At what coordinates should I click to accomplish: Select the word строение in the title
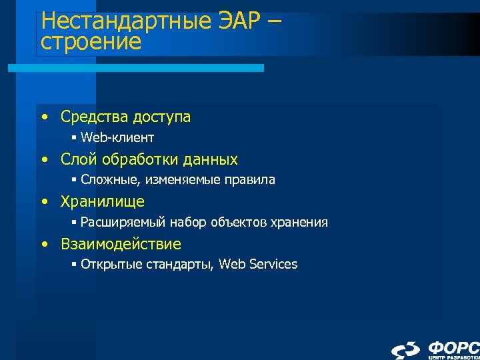(91, 43)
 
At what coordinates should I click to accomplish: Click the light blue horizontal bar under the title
(136, 68)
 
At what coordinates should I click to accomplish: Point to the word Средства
(93, 117)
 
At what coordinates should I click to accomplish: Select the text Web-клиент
(117, 138)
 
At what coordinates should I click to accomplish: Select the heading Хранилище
(103, 201)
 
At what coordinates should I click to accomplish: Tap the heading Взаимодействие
(121, 243)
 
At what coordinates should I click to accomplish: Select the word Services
(274, 264)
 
